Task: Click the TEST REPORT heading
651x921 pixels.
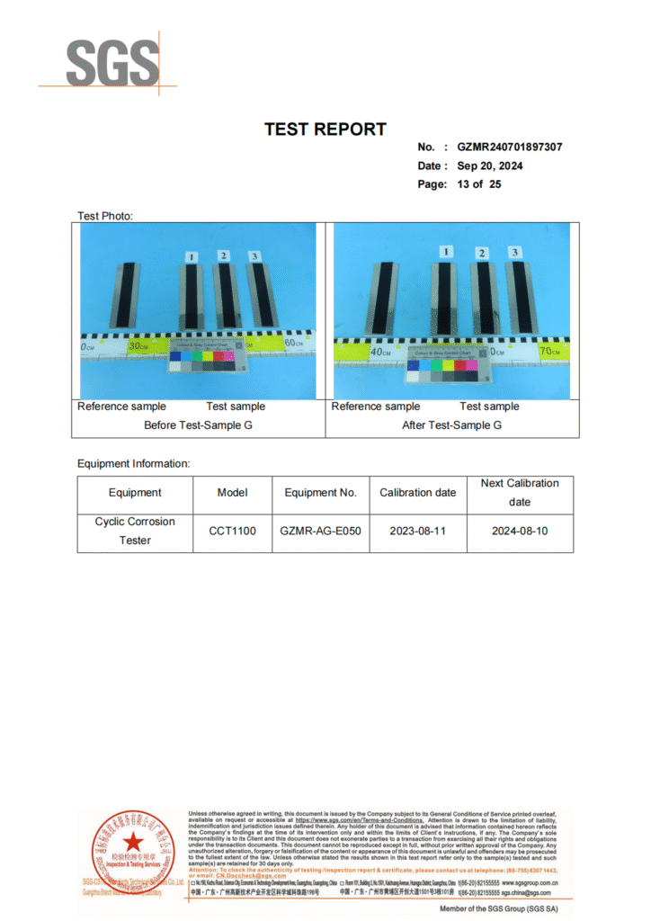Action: (325, 130)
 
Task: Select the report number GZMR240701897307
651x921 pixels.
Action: (509, 148)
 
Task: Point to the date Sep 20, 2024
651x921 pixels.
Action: (489, 166)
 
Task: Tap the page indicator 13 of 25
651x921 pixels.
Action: (478, 184)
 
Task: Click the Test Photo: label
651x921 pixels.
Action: (105, 216)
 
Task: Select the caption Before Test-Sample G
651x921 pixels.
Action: (198, 425)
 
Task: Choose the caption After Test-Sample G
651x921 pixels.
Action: (451, 425)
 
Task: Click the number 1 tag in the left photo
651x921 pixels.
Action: (191, 258)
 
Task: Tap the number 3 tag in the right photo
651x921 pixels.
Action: (514, 252)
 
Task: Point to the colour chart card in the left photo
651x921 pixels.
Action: (206, 356)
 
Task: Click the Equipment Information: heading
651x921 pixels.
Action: (133, 464)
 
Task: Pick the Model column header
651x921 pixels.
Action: (232, 493)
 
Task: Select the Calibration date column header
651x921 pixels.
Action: (417, 493)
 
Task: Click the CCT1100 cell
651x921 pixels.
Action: (232, 532)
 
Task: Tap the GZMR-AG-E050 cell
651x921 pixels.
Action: (320, 532)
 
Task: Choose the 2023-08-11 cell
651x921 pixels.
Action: (417, 532)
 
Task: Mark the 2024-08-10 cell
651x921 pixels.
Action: (519, 532)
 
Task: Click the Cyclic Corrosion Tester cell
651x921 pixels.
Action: (135, 531)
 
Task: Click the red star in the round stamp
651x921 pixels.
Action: (133, 843)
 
